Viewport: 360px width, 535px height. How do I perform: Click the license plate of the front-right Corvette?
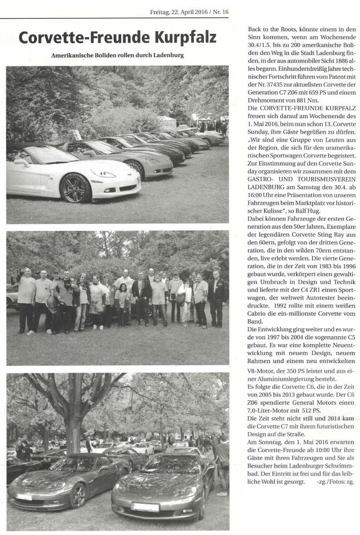click(x=145, y=507)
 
